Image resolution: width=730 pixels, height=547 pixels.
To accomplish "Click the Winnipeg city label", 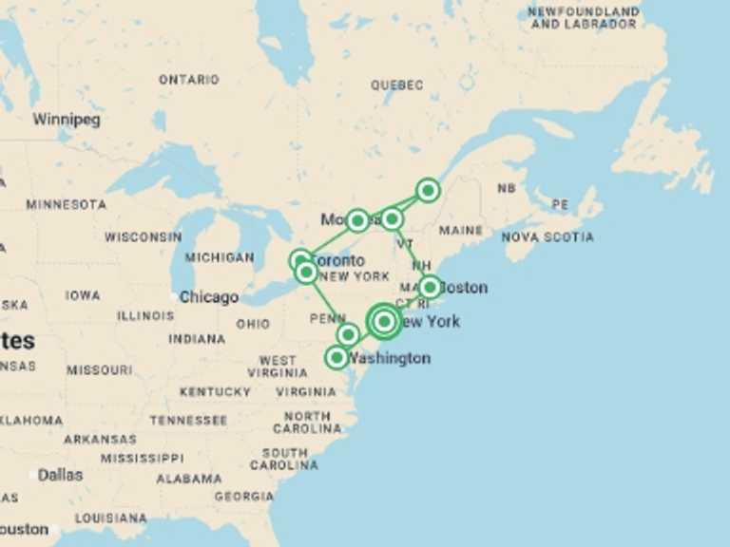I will pos(66,120).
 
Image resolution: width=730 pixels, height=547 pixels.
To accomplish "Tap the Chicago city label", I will pos(209,297).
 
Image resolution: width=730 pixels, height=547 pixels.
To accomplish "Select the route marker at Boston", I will pos(430,286).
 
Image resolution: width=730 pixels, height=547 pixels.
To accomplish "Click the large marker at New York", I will pos(384,322).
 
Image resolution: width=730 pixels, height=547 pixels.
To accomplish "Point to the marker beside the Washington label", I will pos(336,357).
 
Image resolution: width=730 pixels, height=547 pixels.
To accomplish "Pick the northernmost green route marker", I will pos(429,190).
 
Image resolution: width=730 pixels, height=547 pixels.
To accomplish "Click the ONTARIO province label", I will pos(188,80).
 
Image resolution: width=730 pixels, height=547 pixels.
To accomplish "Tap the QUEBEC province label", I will pos(397,85).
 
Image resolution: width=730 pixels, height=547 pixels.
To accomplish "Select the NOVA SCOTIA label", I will pos(547,236).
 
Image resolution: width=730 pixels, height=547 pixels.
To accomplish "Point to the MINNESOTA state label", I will pos(67,204).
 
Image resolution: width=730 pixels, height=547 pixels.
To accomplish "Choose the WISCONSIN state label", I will pos(143,236).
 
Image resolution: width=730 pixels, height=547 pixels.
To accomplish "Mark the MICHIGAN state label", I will pos(220,257).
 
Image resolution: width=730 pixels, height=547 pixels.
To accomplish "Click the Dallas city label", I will pos(60,475).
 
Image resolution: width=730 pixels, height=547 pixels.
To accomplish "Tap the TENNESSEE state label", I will pos(188,420).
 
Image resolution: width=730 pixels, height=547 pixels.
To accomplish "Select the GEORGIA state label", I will pos(244,496).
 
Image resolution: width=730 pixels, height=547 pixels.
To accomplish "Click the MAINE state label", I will pos(461,230).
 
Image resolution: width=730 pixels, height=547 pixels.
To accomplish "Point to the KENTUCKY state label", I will pos(215,391).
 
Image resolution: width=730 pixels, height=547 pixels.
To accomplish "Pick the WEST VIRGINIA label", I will pos(278,367).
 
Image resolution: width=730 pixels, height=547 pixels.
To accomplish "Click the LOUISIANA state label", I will pos(111,519).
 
